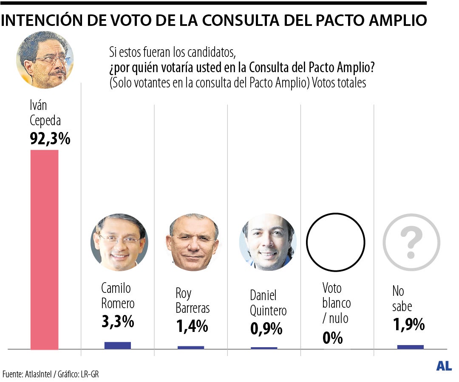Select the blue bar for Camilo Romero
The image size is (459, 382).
tap(118, 345)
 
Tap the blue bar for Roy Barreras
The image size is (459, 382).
tap(191, 347)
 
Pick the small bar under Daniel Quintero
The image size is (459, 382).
tap(264, 348)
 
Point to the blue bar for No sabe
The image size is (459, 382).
tap(410, 347)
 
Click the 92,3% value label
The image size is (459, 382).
tap(50, 138)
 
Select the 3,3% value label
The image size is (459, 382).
tap(117, 321)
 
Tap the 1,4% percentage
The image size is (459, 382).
tap(192, 326)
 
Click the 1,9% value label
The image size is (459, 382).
tap(408, 324)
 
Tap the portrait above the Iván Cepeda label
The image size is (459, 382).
tap(45, 59)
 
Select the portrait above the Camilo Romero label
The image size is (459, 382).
tap(119, 242)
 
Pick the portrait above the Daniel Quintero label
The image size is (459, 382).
tap(267, 242)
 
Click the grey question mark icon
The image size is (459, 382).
tap(411, 242)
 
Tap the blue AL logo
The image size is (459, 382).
tap(444, 366)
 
